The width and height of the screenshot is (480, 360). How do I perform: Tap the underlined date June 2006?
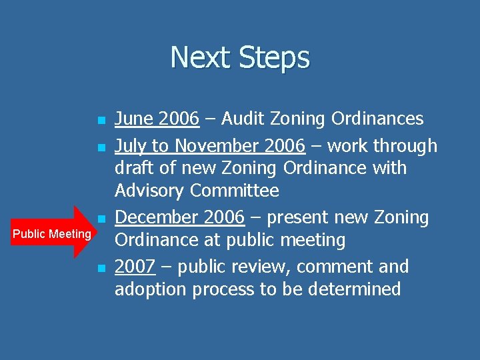point(157,119)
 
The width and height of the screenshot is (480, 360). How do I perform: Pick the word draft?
point(135,168)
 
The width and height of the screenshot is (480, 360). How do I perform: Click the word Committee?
point(234,191)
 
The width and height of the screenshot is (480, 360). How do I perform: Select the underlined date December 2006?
point(179,217)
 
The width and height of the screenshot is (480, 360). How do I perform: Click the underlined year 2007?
point(135,267)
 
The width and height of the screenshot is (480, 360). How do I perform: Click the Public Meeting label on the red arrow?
point(51,234)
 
